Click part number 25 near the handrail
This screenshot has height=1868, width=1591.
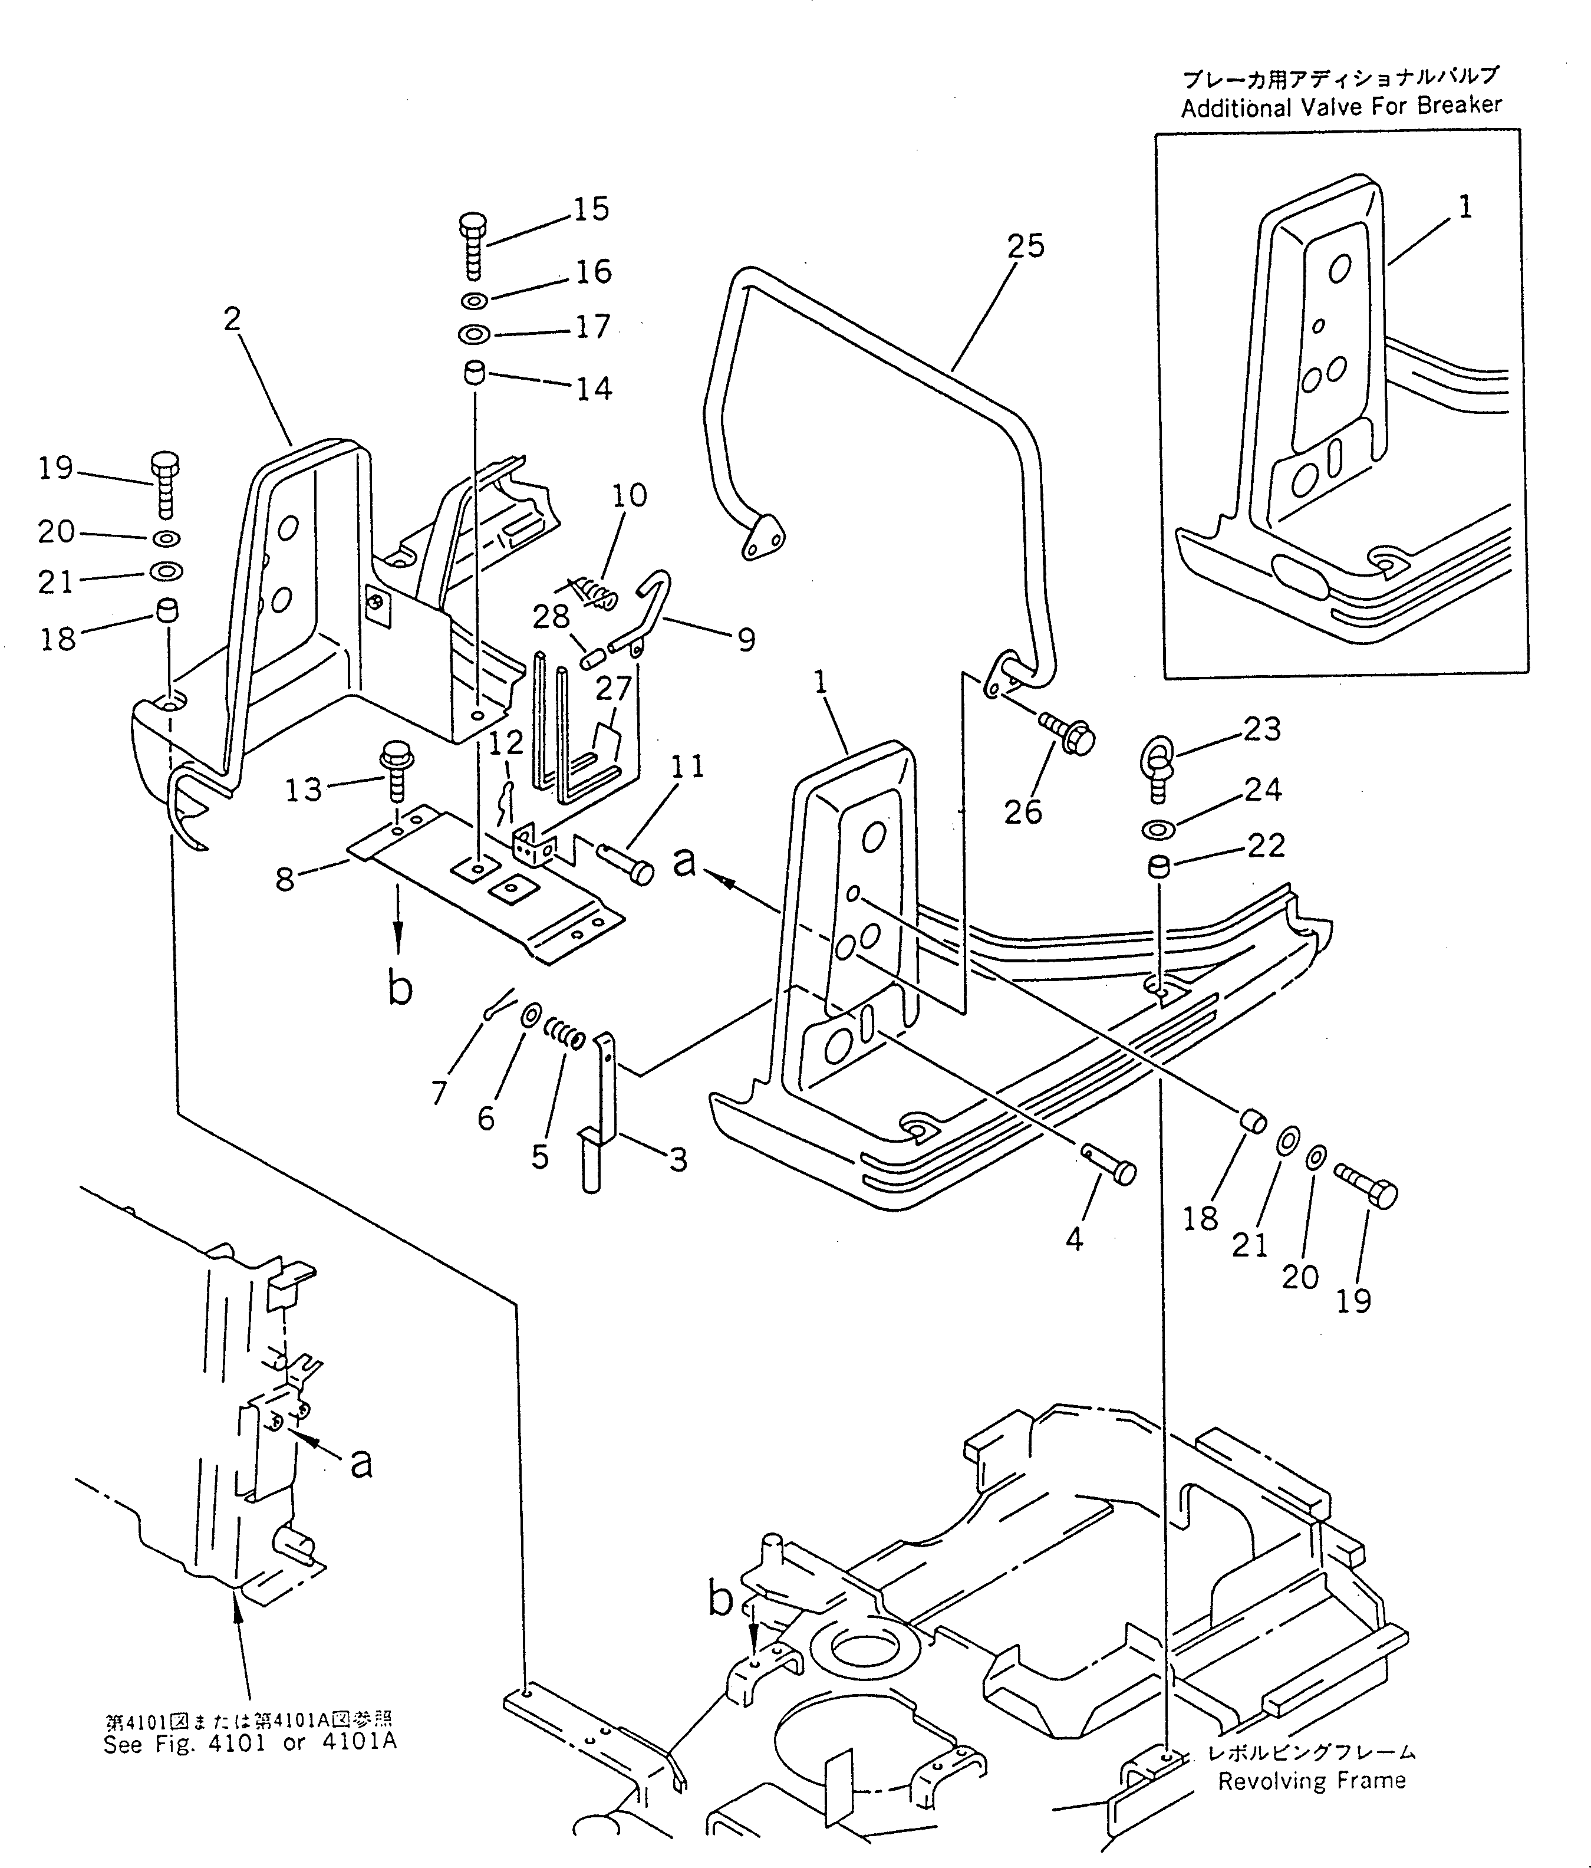click(x=1025, y=246)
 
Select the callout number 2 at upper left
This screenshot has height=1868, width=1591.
click(x=233, y=319)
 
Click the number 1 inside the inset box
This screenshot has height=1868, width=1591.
click(x=1465, y=208)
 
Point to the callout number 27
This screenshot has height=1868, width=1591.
click(x=613, y=689)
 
